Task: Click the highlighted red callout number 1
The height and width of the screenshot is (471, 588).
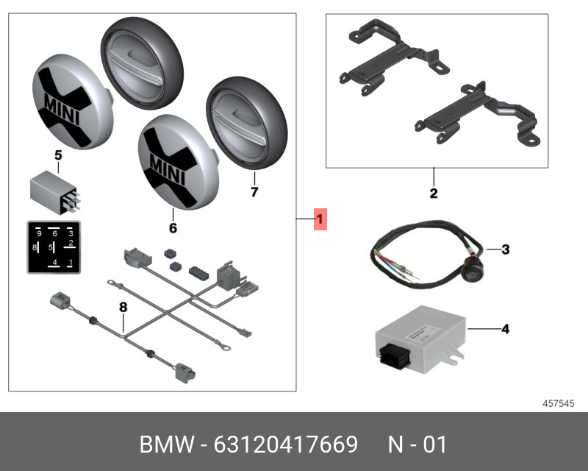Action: (320, 219)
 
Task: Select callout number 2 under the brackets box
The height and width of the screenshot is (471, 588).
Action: (434, 194)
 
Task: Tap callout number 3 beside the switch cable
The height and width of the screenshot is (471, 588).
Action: (505, 250)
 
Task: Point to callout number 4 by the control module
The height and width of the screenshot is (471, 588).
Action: (505, 329)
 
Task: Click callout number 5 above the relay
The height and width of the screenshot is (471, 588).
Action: (58, 155)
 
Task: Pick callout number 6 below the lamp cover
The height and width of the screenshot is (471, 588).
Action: (173, 228)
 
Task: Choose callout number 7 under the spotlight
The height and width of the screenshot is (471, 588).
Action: (254, 192)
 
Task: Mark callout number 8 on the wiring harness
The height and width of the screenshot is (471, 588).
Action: (123, 305)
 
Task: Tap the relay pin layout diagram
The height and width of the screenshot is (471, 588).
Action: (53, 247)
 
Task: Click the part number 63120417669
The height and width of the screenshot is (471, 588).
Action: (285, 445)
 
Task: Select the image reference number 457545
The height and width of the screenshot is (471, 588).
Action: (558, 403)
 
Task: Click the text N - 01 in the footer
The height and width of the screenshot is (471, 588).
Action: (417, 445)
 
